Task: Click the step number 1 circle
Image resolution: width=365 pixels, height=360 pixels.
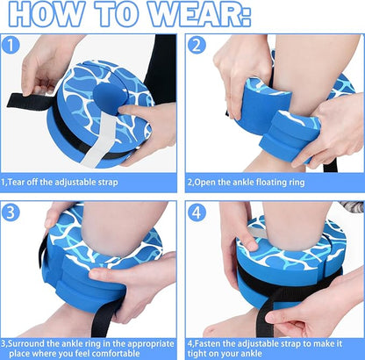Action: (11, 46)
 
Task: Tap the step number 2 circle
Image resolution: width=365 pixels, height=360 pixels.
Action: (197, 46)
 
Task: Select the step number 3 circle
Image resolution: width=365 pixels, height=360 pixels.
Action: (11, 212)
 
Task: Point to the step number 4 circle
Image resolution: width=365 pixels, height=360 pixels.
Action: (197, 212)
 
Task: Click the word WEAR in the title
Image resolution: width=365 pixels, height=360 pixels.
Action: (199, 15)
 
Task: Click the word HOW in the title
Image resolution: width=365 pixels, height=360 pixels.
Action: (45, 15)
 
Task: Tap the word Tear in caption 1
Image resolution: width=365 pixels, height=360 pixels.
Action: (17, 183)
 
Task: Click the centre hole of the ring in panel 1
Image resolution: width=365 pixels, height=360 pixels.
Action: (109, 98)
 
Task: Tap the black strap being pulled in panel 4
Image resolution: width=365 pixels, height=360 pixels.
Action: (268, 311)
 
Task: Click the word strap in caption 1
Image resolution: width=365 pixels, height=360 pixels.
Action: (108, 183)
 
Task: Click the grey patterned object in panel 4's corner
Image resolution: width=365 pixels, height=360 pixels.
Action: (353, 206)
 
